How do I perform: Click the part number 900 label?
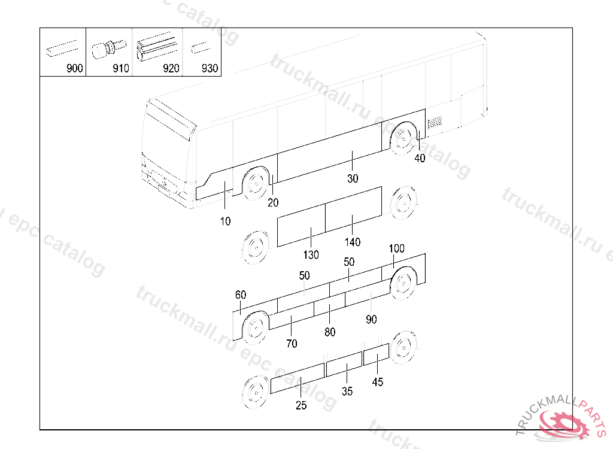pyautogui.click(x=75, y=68)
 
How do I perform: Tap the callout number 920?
pyautogui.click(x=171, y=68)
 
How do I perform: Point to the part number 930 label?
pyautogui.click(x=210, y=68)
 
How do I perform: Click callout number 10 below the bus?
pyautogui.click(x=225, y=222)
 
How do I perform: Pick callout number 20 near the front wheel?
pyautogui.click(x=273, y=202)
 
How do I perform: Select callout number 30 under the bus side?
pyautogui.click(x=353, y=178)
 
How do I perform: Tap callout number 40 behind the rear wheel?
pyautogui.click(x=420, y=159)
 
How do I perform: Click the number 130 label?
pyautogui.click(x=311, y=254)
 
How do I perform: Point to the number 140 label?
pyautogui.click(x=353, y=242)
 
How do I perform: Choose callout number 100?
pyautogui.click(x=396, y=248)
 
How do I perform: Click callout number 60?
pyautogui.click(x=241, y=295)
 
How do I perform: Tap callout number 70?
pyautogui.click(x=292, y=344)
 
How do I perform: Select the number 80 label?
pyautogui.click(x=330, y=332)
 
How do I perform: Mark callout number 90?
pyautogui.click(x=371, y=320)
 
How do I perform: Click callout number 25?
pyautogui.click(x=301, y=405)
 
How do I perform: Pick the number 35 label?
pyautogui.click(x=347, y=392)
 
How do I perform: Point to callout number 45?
pyautogui.click(x=377, y=382)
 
